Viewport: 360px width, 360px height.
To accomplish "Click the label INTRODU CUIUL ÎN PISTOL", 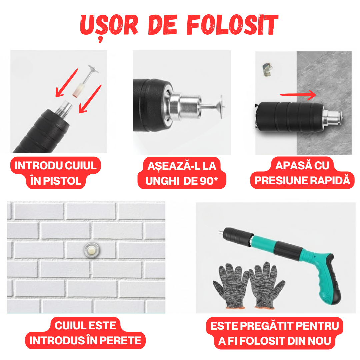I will pos(56,173).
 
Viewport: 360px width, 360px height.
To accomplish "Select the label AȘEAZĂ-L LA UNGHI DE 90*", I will pos(182,173).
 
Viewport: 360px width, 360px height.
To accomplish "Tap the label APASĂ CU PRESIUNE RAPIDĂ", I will pos(302,173).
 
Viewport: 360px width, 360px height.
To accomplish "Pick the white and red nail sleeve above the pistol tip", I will pos(78,89).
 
